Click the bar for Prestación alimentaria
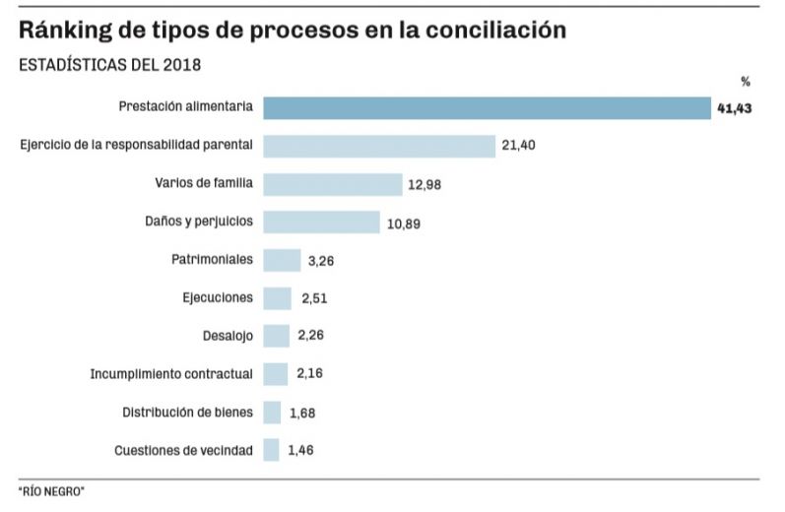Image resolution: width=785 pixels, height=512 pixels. [487, 107]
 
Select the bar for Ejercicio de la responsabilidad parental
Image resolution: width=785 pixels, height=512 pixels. [378, 146]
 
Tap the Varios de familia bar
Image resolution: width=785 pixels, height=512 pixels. [332, 184]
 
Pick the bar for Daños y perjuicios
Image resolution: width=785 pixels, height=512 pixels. [321, 223]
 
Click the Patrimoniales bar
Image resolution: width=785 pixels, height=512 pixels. [282, 260]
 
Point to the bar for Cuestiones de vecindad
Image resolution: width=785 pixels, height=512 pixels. [271, 451]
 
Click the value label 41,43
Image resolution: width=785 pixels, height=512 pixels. [735, 108]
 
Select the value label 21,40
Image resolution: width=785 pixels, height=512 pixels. [518, 146]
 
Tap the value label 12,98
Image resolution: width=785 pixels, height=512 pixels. [425, 184]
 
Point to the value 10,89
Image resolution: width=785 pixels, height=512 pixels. [403, 224]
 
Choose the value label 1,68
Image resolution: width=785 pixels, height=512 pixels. [301, 413]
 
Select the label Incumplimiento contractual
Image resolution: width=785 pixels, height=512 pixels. [171, 374]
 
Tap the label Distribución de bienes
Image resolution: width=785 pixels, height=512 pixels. [187, 413]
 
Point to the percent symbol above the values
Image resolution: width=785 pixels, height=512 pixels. [746, 82]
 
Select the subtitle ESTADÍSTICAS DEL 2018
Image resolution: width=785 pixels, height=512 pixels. [110, 66]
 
